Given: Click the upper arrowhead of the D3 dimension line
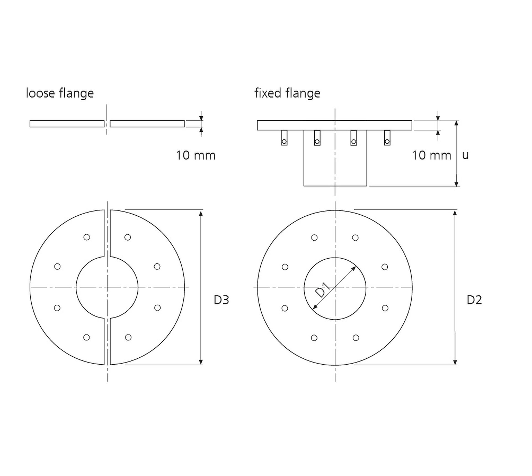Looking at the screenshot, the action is coord(201,213).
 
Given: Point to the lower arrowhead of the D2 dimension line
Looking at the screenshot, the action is coord(455,362).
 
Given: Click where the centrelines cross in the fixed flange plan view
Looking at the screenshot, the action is coord(335,287).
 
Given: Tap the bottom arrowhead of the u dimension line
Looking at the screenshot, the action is coord(456,184).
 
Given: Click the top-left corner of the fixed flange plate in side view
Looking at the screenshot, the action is coord(257,121).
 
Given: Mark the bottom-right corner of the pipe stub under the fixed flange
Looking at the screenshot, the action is coord(367,186).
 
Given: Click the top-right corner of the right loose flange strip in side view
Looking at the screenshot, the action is coord(185,121).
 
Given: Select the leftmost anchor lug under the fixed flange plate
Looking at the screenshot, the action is coord(284,138).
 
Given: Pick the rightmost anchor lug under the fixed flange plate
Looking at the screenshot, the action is coord(387,138).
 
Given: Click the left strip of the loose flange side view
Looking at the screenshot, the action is coord(67,124).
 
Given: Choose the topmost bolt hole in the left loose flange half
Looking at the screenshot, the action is coord(86,237).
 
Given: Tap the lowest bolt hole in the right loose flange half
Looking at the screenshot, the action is coord(128,337).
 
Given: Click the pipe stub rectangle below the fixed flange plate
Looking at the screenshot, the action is coord(335,158).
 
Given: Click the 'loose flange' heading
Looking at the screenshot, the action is coord(60,93).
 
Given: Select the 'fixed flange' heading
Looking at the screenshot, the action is coord(287,93).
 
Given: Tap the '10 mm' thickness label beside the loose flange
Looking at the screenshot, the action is coord(196,155).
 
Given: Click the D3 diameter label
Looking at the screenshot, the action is coord(221,300).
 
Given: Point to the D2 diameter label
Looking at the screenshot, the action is coord(474,300).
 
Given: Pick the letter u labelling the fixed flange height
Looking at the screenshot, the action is coord(465,156).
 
